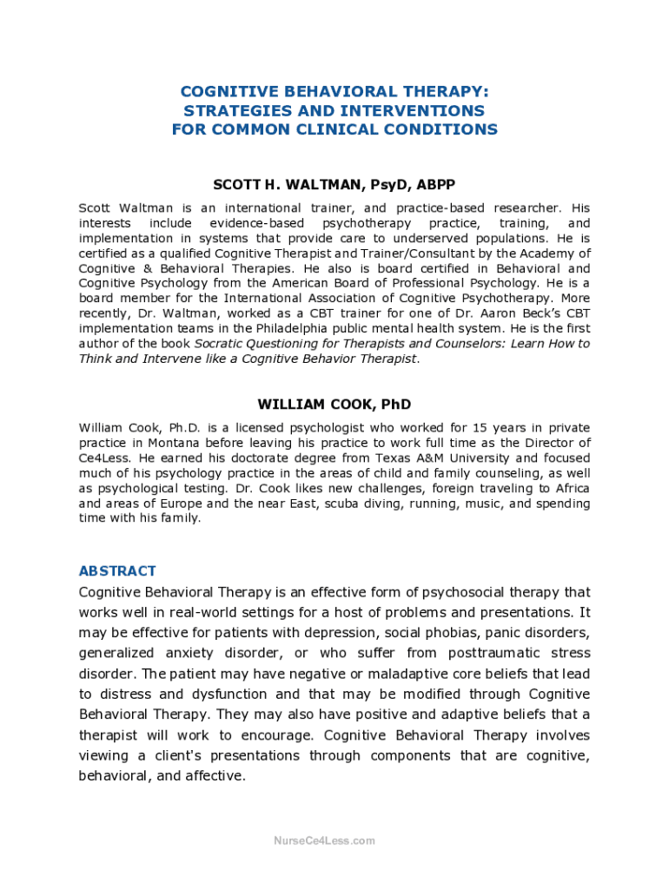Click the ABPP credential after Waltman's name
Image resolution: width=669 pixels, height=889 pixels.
(x=435, y=185)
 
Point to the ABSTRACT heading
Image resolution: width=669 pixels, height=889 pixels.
(x=117, y=570)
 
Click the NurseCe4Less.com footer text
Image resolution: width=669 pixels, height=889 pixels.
(x=324, y=840)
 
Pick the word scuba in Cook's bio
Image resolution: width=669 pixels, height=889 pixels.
(x=333, y=504)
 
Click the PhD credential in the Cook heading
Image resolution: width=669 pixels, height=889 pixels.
(x=393, y=405)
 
